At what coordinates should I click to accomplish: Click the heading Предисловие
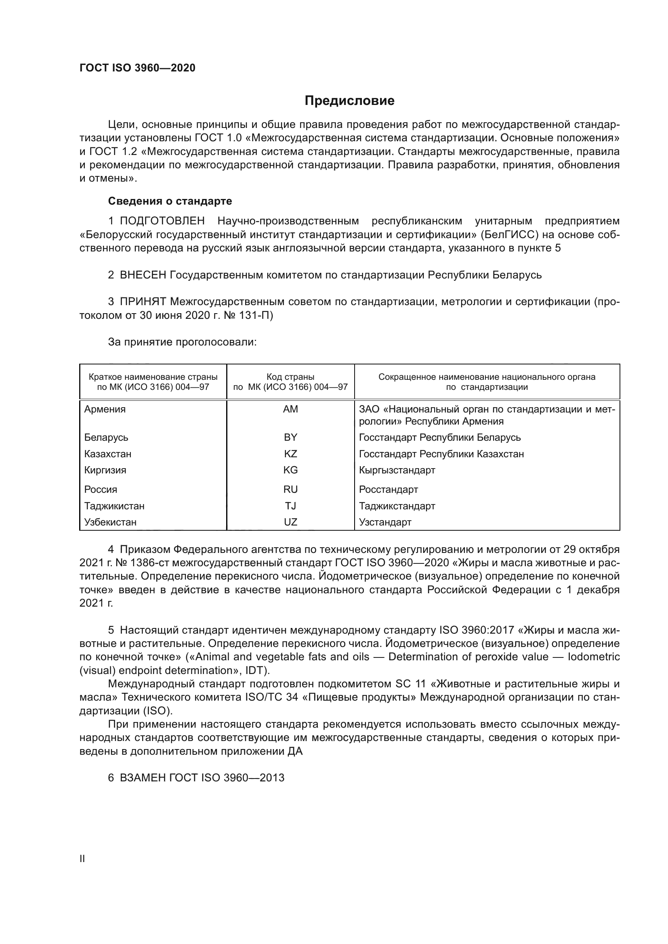click(349, 101)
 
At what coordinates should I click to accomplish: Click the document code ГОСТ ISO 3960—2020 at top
click(137, 68)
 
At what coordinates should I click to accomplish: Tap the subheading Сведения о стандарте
click(170, 201)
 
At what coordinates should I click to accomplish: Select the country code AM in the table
click(290, 409)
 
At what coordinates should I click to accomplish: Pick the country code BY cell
click(290, 437)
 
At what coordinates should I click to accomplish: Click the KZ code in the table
click(290, 454)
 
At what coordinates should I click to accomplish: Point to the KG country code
click(290, 470)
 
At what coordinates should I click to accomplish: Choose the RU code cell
click(290, 489)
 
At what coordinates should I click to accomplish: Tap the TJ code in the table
click(290, 506)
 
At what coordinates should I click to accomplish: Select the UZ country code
click(290, 522)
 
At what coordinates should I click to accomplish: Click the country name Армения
click(105, 409)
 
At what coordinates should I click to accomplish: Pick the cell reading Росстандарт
click(388, 489)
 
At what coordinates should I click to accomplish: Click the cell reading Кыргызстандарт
click(397, 470)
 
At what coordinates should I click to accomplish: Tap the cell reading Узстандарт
click(385, 522)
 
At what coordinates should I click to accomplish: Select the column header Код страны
click(290, 377)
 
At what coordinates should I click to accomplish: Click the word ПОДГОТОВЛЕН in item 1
click(162, 221)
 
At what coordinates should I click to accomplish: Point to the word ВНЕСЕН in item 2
click(143, 275)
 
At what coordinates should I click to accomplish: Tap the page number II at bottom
click(82, 859)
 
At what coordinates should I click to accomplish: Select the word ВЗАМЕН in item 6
click(143, 778)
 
